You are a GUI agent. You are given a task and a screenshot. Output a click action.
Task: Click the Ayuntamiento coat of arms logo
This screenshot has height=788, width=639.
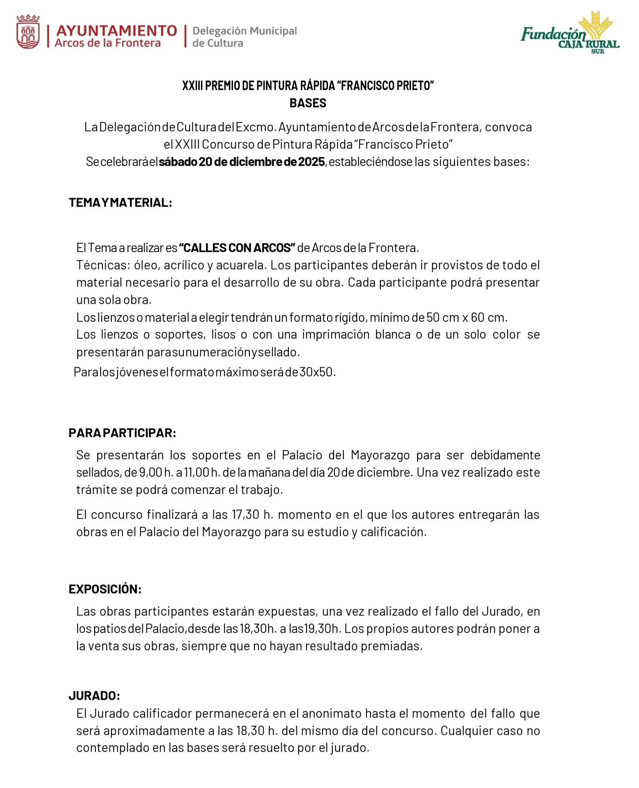28,32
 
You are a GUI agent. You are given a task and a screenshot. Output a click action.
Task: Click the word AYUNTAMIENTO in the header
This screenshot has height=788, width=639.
117,31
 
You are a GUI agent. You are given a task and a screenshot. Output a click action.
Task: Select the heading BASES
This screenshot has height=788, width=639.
308,103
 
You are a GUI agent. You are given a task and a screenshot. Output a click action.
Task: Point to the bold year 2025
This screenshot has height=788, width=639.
312,162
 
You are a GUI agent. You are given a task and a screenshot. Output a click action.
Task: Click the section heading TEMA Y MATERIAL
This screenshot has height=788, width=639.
120,203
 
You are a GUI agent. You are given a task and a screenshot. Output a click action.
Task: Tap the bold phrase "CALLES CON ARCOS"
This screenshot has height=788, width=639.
237,247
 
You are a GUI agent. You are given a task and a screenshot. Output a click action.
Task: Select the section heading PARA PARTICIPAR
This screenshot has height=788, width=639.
122,433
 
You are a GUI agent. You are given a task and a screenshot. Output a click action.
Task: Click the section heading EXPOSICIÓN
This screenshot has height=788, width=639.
105,589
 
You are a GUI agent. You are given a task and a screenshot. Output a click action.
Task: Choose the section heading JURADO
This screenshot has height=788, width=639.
95,695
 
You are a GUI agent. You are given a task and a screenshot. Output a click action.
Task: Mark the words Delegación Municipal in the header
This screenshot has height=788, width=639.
245,31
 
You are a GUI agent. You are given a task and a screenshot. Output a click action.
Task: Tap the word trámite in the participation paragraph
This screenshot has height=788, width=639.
97,490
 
